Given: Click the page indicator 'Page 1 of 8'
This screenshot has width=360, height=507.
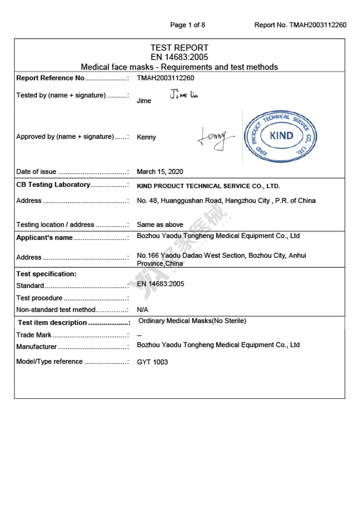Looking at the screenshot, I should coord(188,25).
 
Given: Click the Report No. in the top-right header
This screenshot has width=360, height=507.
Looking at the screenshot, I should coord(300,25).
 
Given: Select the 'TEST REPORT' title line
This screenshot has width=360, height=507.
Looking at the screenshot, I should coord(179,48).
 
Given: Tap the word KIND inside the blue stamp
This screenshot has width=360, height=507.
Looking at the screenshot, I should coord(281,135).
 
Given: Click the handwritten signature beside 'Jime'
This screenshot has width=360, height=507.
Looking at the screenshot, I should coord(184,95).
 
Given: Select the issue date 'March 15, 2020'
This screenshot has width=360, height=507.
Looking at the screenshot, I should coord(160,172).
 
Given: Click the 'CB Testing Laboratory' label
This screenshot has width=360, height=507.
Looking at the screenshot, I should coord(53,184).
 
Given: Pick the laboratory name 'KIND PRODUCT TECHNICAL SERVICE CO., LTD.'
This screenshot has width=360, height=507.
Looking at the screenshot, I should coord(208,186).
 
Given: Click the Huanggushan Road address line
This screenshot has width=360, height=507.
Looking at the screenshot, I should coord(226,201).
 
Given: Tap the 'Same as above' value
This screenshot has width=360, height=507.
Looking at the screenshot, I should coord(160,224).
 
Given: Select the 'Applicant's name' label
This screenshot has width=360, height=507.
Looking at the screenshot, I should coord(45,237).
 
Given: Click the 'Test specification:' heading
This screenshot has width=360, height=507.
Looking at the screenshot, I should coord(46,274).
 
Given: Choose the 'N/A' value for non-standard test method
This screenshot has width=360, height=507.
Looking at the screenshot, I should coord(143,310).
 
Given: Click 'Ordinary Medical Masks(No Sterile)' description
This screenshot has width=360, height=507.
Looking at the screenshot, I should coord(192,321).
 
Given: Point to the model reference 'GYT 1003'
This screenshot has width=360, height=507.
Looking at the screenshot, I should coord(152,362).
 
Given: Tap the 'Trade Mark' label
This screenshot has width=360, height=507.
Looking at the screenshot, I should coord(34,335).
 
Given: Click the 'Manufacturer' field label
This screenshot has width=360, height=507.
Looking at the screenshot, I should coord(36,347).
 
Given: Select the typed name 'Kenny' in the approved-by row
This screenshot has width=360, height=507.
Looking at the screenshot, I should coord(146,137).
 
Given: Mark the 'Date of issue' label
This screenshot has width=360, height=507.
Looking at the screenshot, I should coord(36,172).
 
